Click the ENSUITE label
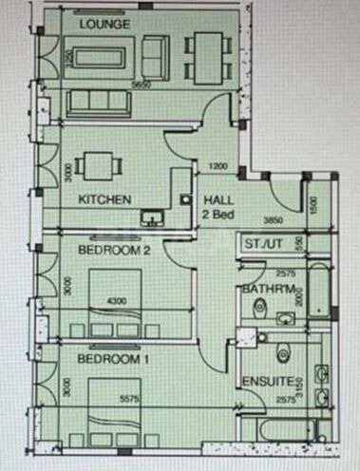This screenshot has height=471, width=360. [x=261, y=383]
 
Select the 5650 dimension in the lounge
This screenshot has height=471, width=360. [x=142, y=85]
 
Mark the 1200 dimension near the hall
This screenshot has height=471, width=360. [x=218, y=168]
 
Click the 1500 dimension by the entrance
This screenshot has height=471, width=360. [x=313, y=202]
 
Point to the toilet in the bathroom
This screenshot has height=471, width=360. [x=260, y=308]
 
